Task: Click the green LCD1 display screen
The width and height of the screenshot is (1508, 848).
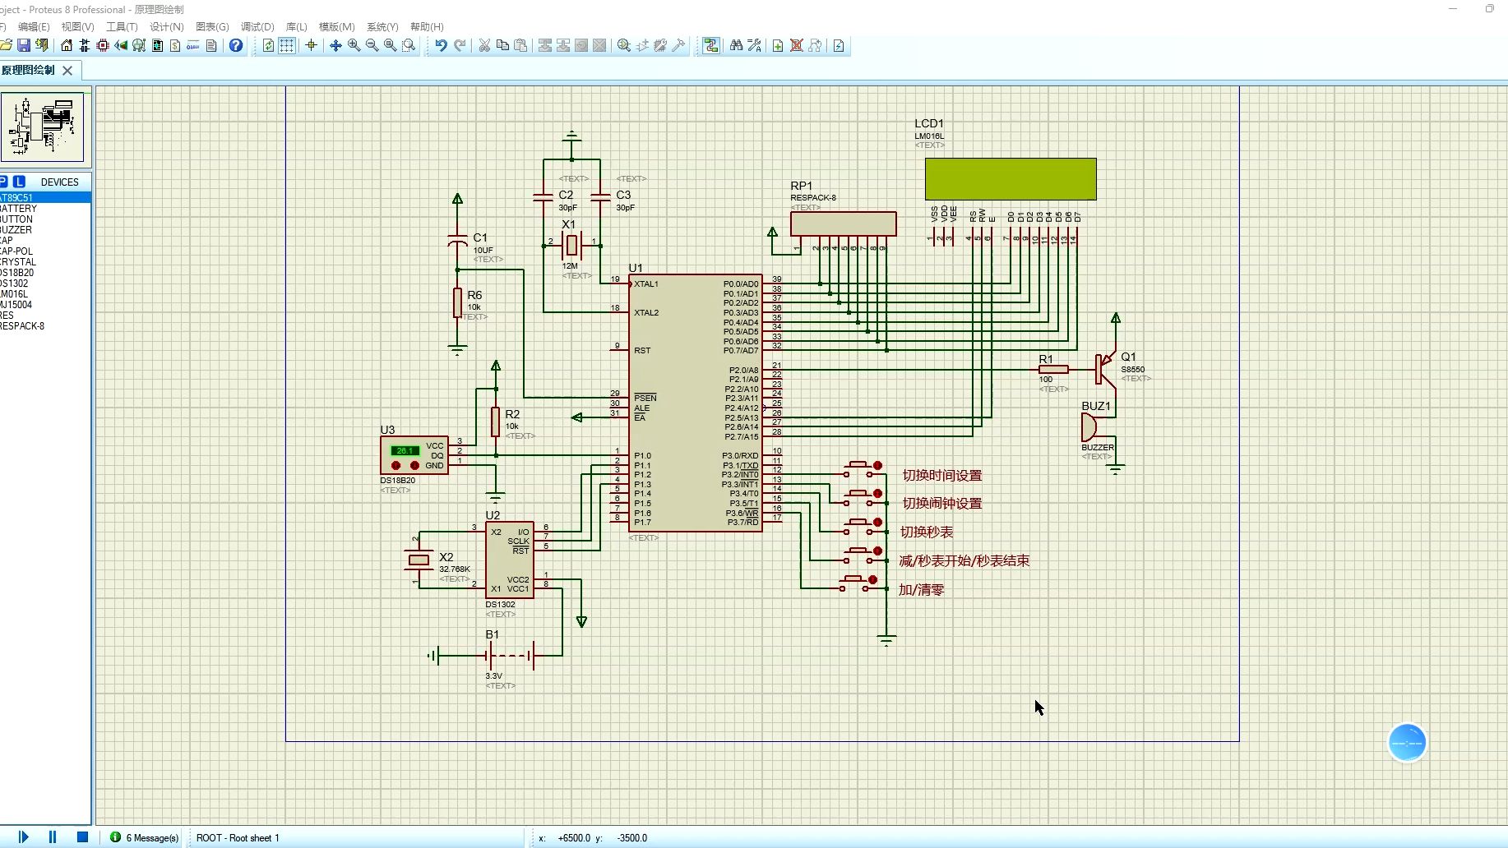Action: [1010, 179]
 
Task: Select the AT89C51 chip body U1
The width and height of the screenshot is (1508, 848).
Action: [695, 403]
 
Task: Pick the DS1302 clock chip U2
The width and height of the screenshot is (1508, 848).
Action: [509, 560]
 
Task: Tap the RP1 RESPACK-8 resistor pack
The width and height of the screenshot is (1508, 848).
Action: [843, 224]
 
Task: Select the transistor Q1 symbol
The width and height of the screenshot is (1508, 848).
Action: [1103, 369]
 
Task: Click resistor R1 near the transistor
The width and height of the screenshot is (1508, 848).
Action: [1053, 369]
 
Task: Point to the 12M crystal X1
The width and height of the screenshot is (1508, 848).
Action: [571, 243]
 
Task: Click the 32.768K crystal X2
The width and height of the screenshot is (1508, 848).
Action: [419, 560]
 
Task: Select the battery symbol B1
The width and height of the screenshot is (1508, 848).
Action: [510, 656]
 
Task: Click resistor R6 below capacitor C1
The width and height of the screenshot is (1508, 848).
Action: [457, 302]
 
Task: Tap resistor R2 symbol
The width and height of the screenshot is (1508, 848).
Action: [495, 422]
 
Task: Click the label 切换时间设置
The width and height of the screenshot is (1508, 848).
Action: [941, 476]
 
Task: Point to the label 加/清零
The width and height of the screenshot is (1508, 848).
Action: [921, 590]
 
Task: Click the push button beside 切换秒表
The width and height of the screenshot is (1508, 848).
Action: [859, 525]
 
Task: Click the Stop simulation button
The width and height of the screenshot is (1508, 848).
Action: [82, 837]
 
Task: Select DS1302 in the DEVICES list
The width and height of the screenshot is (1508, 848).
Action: [15, 283]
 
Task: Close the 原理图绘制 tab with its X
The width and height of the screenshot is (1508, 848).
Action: [67, 71]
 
